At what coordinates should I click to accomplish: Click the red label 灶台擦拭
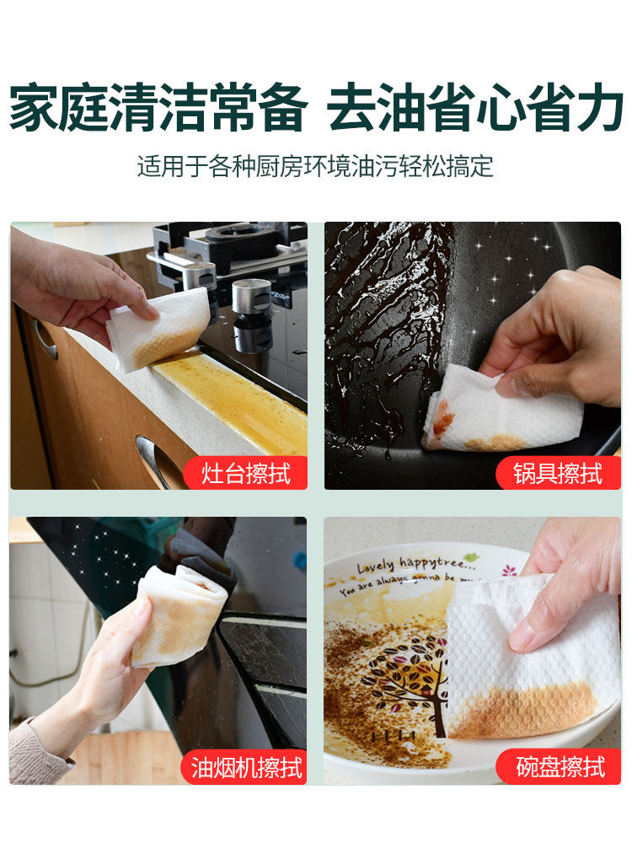click(x=245, y=473)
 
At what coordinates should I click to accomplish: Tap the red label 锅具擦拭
click(x=558, y=473)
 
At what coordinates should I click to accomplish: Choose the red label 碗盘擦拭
click(x=559, y=767)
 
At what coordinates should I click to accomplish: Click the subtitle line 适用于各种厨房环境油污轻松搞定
click(x=315, y=167)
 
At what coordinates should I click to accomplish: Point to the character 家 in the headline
click(x=35, y=108)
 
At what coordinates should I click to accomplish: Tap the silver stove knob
click(x=251, y=296)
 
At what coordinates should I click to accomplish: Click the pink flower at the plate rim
click(x=508, y=570)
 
